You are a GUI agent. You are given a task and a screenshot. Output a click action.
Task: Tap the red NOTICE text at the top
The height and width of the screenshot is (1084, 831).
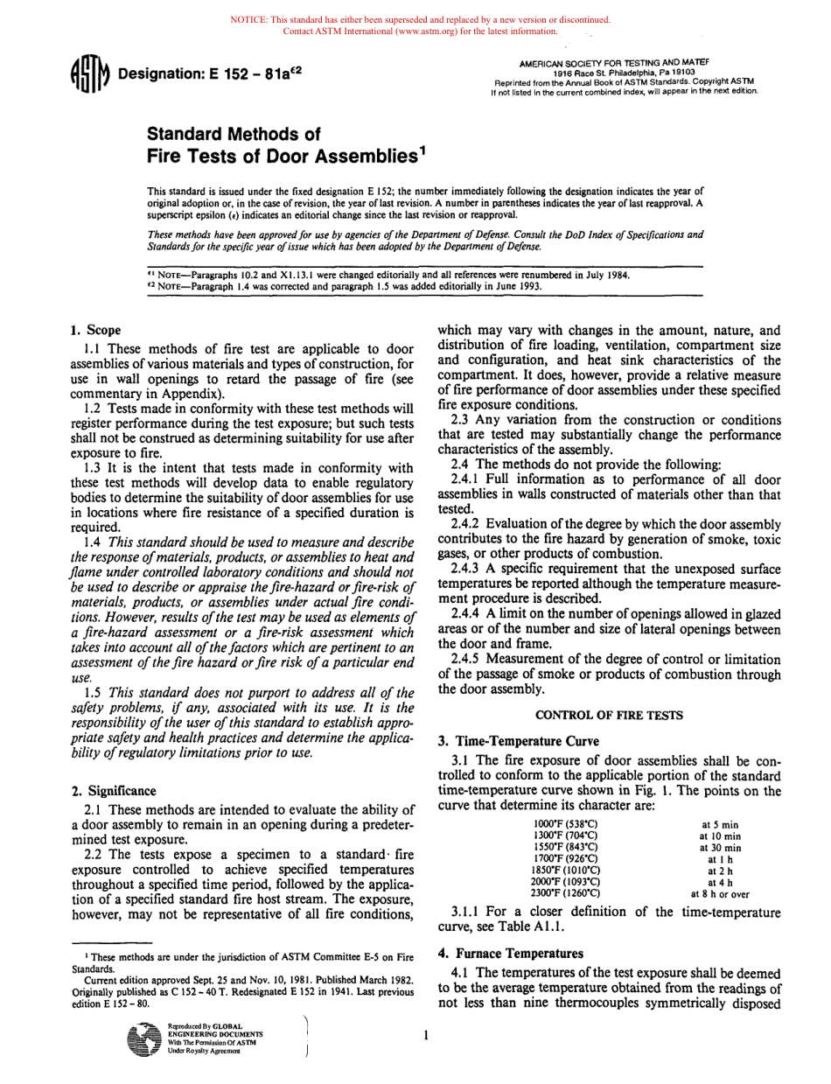419,20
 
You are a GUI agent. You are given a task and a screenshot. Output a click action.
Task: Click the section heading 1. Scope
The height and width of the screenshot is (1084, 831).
95,331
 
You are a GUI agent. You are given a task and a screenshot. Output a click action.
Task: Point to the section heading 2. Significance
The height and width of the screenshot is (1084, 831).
114,790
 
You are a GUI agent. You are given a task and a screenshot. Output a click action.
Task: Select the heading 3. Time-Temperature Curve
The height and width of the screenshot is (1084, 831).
518,740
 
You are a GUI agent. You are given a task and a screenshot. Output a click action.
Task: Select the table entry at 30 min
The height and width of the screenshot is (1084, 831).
720,848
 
